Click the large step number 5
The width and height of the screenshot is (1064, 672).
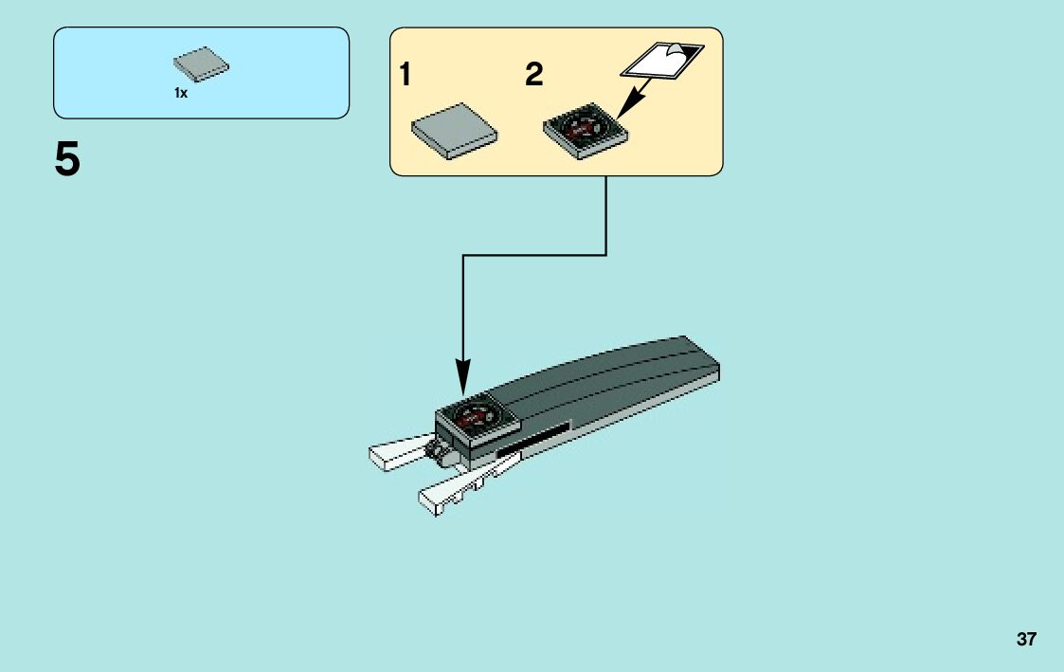pyautogui.click(x=67, y=159)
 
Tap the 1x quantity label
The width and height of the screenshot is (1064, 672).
pyautogui.click(x=181, y=93)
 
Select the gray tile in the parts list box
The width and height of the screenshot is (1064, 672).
pyautogui.click(x=201, y=64)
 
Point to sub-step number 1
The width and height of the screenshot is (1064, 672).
pyautogui.click(x=406, y=76)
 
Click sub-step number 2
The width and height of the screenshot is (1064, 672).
pyautogui.click(x=534, y=76)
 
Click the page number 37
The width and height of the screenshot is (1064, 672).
pyautogui.click(x=1026, y=639)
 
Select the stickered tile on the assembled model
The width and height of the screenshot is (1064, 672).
pyautogui.click(x=473, y=418)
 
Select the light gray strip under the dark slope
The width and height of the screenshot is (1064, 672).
pyautogui.click(x=644, y=406)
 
